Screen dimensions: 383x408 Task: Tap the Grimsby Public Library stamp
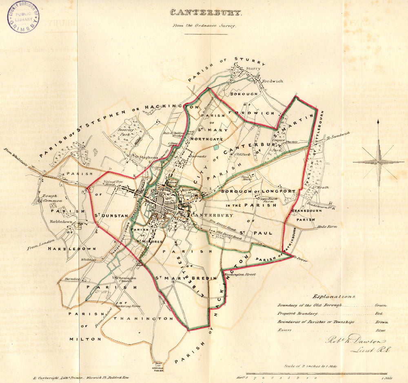23,17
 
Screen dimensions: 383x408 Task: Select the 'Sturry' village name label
253,69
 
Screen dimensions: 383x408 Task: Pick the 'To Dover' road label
301,259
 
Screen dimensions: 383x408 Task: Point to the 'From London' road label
41,244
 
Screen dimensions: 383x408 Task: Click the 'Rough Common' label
49,198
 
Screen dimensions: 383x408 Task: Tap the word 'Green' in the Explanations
381,305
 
